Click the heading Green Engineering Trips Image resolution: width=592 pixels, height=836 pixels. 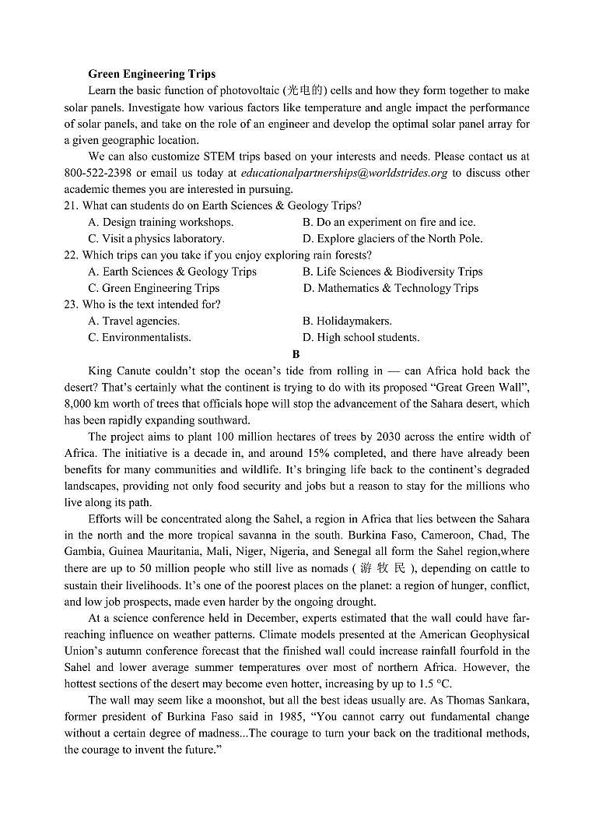click(x=152, y=75)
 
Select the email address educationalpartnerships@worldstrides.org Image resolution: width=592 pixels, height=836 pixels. click(x=344, y=173)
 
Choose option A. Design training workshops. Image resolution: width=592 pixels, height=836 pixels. click(x=160, y=222)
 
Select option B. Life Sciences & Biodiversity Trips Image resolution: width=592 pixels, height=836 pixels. click(x=392, y=272)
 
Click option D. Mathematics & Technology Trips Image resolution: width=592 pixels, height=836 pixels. click(x=391, y=288)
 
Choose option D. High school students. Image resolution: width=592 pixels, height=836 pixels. click(x=361, y=337)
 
